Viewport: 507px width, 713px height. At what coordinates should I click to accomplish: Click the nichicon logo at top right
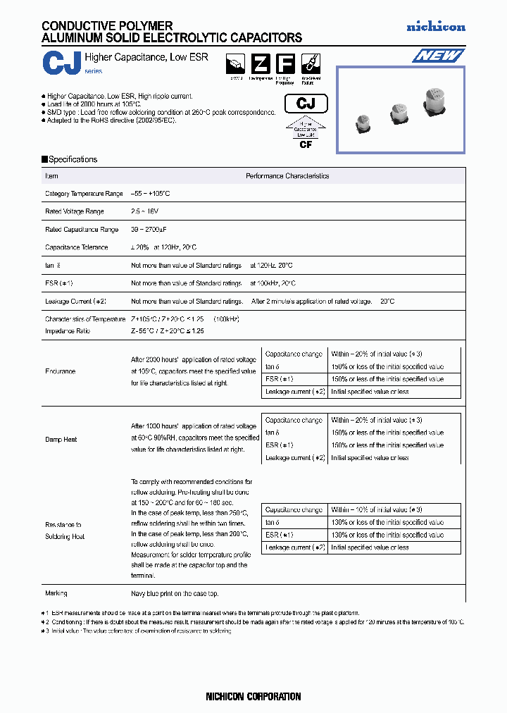436,27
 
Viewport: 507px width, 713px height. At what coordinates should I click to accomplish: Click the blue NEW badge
437,56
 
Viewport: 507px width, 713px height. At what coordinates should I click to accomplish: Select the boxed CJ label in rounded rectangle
306,104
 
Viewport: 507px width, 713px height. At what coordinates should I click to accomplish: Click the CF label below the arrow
306,144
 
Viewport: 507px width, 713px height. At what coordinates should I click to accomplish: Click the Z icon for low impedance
261,63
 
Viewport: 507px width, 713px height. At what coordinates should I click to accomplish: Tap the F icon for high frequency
284,63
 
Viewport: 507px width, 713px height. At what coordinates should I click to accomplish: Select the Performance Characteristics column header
287,176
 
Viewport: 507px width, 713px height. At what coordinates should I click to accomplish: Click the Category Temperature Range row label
84,194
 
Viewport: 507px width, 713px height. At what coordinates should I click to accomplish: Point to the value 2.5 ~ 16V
145,211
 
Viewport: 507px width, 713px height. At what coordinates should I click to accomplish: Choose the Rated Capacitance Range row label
82,230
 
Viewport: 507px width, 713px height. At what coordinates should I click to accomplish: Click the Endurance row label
60,371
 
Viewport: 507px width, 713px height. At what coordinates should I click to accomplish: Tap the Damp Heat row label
61,439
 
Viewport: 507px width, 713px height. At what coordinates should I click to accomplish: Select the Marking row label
56,593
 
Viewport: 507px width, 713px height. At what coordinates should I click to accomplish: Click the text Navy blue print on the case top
175,593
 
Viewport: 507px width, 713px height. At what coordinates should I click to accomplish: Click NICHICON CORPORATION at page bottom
253,696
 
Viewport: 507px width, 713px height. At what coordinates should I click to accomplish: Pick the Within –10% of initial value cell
376,509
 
